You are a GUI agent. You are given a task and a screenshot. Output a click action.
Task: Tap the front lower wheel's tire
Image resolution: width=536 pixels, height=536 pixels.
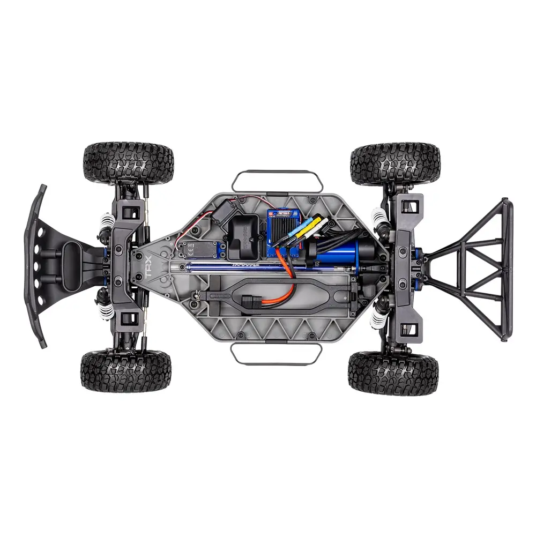click(126, 371)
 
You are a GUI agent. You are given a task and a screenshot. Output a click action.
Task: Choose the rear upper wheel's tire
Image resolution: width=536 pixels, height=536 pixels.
click(395, 162)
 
